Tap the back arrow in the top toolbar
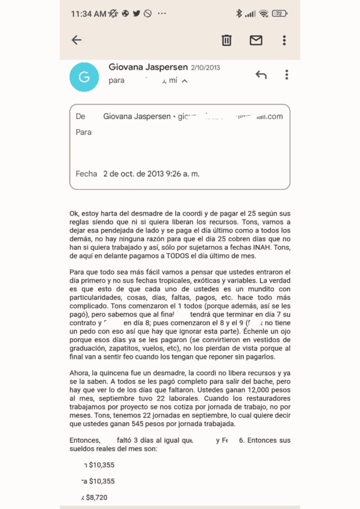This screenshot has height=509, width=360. pyautogui.click(x=76, y=40)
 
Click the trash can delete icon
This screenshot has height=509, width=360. pyautogui.click(x=227, y=40)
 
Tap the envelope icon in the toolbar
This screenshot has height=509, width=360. pyautogui.click(x=256, y=40)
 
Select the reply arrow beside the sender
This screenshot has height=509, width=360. pyautogui.click(x=261, y=75)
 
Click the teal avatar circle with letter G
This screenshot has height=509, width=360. pyautogui.click(x=85, y=77)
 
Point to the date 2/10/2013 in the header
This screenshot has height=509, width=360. pyautogui.click(x=206, y=67)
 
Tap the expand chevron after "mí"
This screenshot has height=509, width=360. pyautogui.click(x=184, y=81)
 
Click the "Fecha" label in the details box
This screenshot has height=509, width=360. pyautogui.click(x=86, y=174)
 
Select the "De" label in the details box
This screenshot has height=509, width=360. pyautogui.click(x=80, y=117)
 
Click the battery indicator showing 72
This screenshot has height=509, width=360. pyautogui.click(x=279, y=14)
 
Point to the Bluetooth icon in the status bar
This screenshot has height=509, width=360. pyautogui.click(x=239, y=14)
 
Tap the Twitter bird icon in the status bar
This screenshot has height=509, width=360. pyautogui.click(x=136, y=14)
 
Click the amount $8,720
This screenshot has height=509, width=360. pyautogui.click(x=98, y=497)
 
